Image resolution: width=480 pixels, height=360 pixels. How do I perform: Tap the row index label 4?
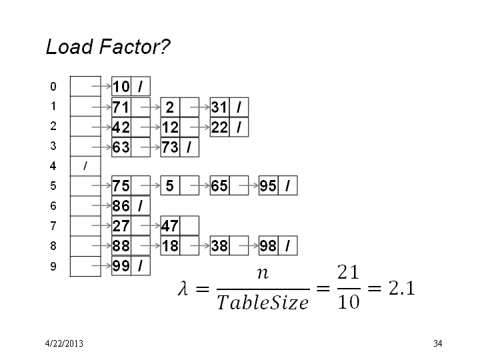(x=53, y=166)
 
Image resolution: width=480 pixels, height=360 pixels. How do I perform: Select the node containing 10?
(x=131, y=86)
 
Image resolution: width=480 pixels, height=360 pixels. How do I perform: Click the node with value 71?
(x=131, y=107)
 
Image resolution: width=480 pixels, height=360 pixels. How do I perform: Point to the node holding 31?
(x=229, y=107)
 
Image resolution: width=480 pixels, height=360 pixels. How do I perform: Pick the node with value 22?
(x=229, y=127)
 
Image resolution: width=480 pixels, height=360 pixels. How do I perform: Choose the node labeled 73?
(x=180, y=147)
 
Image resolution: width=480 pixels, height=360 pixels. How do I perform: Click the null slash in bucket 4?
(x=85, y=166)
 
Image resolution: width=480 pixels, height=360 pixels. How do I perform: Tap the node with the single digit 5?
(x=180, y=185)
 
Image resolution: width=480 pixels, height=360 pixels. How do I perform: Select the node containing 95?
(x=278, y=185)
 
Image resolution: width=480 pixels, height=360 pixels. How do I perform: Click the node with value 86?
(x=131, y=205)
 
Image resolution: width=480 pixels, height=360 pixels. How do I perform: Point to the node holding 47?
(x=180, y=225)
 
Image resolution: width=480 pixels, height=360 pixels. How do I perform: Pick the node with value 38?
(x=229, y=245)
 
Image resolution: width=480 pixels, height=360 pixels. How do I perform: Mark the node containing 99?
(x=131, y=266)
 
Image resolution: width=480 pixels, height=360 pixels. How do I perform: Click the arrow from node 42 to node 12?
(x=151, y=127)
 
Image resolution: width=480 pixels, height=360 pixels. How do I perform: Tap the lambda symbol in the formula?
(x=183, y=289)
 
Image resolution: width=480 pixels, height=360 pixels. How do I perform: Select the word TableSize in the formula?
(x=263, y=303)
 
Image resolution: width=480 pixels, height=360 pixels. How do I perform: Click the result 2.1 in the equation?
(x=401, y=288)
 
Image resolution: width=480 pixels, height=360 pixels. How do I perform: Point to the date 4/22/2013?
(x=64, y=343)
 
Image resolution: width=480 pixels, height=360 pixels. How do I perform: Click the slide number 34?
(x=438, y=343)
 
